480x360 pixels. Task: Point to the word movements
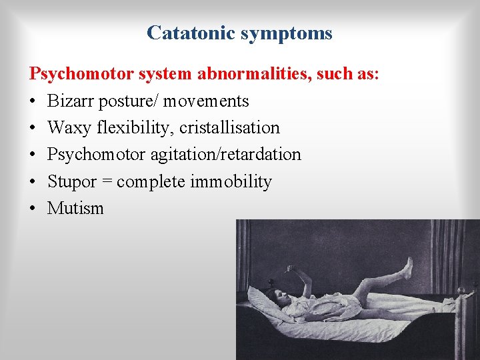[x=207, y=101]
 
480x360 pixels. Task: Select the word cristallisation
[x=229, y=128]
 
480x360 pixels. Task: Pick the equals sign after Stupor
[x=106, y=182]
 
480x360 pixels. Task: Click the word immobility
[x=231, y=181]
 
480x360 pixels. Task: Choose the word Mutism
[x=75, y=208]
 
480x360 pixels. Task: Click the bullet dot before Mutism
[x=33, y=209]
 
